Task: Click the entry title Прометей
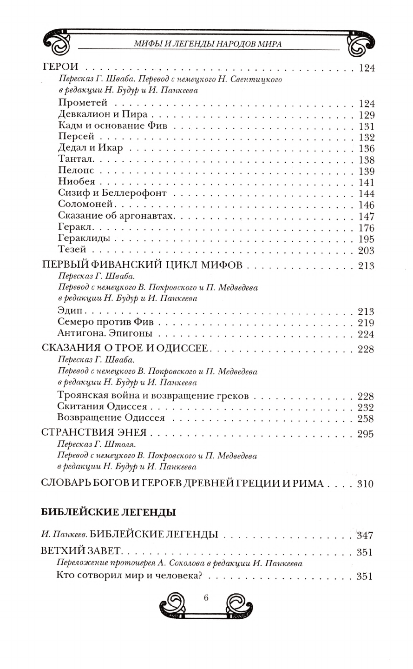coord(83,103)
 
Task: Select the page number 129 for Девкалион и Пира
coord(366,115)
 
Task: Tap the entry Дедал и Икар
coord(91,148)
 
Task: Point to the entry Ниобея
coord(77,182)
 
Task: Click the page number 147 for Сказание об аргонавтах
coord(366,216)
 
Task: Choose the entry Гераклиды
coord(85,238)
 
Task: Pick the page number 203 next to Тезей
coord(366,251)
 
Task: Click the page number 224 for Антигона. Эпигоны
coord(366,333)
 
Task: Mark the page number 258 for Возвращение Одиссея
coord(366,418)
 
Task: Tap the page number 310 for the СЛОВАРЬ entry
coord(365,484)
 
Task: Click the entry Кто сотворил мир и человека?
coord(131,576)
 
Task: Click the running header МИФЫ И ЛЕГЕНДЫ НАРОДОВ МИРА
coord(207,43)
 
